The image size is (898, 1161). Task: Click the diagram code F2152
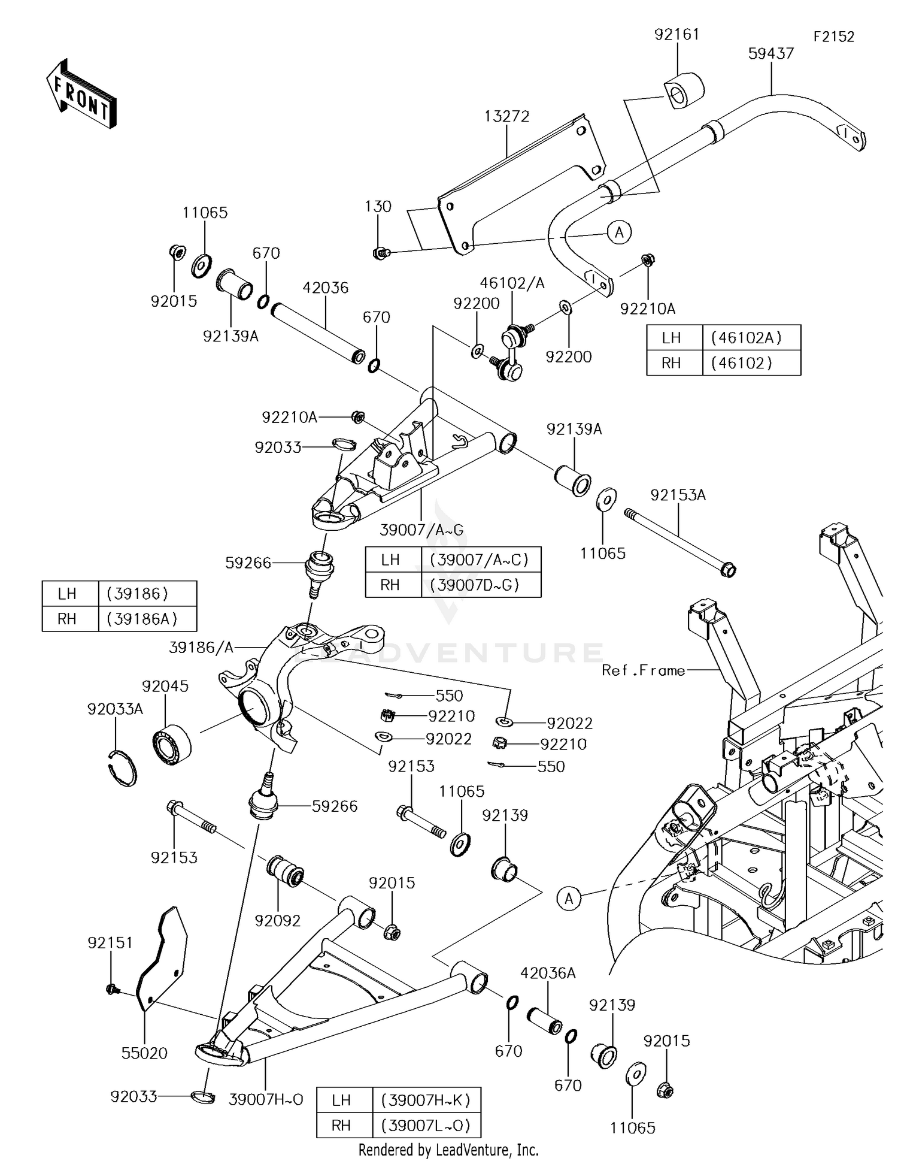click(833, 37)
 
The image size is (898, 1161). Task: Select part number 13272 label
click(507, 116)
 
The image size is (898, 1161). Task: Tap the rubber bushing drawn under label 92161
click(684, 90)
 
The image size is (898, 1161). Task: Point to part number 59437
click(771, 53)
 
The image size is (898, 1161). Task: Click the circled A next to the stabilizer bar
click(619, 232)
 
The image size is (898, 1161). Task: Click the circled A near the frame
click(569, 898)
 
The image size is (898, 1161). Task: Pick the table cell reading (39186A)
click(142, 619)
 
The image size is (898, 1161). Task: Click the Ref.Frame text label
click(644, 670)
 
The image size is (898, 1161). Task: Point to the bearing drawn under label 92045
click(172, 744)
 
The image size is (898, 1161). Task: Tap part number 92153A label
click(678, 495)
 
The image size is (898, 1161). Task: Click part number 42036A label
click(548, 973)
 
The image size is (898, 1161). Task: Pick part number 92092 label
click(277, 920)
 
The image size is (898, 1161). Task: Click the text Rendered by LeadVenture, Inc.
click(448, 1150)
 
